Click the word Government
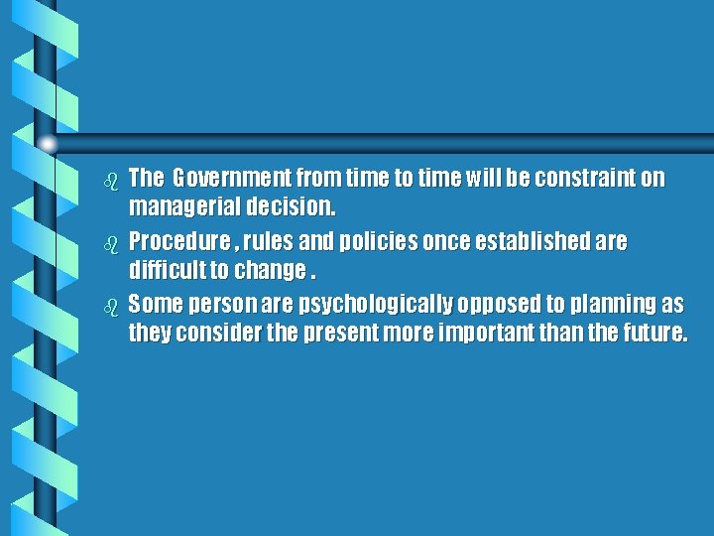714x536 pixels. point(227,180)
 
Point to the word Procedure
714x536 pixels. point(174,242)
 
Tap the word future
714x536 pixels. point(651,334)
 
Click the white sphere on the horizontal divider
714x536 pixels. point(48,144)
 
